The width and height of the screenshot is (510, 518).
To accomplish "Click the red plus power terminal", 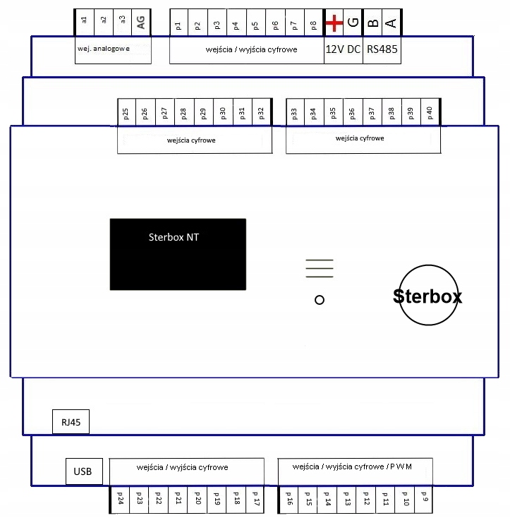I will [334, 24].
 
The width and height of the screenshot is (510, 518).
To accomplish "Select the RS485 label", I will [382, 50].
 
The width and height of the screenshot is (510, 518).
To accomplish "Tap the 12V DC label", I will [343, 50].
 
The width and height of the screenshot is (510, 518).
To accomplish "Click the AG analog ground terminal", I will [141, 23].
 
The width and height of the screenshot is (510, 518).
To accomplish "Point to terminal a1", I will [85, 21].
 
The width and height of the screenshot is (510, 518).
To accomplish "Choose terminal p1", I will [178, 26].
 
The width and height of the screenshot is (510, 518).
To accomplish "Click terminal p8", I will [313, 26].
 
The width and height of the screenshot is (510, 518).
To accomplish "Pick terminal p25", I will [126, 113].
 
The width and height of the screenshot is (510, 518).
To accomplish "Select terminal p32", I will [261, 113].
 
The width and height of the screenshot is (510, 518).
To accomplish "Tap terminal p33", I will [294, 113].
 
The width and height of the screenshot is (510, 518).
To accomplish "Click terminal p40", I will [430, 113].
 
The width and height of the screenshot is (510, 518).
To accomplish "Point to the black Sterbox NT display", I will [178, 254].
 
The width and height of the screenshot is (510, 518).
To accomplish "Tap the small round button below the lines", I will [319, 300].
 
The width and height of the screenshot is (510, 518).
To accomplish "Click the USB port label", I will [83, 470].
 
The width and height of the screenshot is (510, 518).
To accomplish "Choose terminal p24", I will [120, 500].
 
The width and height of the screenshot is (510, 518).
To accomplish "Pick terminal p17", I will [255, 500].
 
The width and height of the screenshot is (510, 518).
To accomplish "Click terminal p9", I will [425, 500].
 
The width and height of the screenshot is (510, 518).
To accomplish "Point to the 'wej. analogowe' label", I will [104, 49].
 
